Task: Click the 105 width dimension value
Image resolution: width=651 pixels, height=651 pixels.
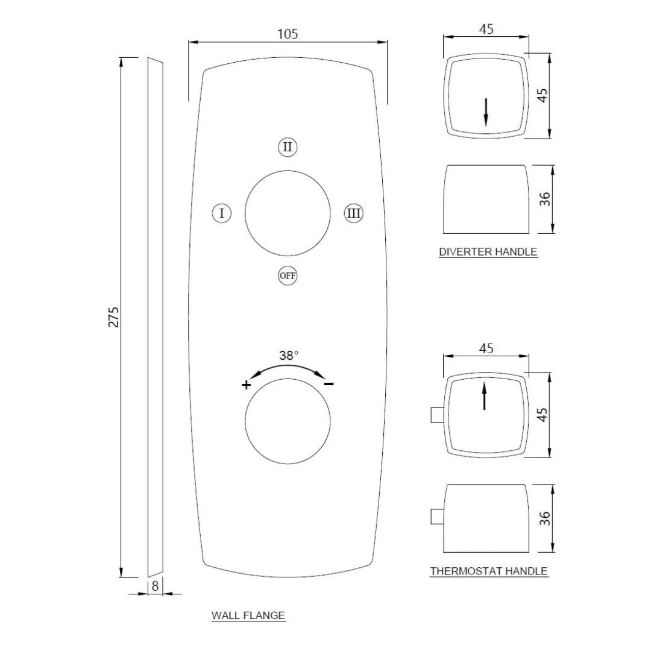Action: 288,34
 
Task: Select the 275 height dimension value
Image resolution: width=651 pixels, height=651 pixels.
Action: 114,317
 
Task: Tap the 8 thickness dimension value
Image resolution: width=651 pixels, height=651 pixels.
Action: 155,585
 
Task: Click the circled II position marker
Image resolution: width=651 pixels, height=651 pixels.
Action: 288,147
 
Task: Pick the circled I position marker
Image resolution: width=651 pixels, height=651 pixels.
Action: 222,213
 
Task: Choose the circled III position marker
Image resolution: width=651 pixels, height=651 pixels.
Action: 354,213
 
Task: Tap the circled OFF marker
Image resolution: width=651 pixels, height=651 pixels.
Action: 288,276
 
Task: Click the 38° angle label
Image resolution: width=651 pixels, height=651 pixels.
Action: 289,356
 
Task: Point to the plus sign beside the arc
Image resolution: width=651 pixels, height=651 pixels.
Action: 246,385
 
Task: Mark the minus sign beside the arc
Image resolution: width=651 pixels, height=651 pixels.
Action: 329,384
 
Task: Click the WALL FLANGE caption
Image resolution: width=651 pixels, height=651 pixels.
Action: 248,615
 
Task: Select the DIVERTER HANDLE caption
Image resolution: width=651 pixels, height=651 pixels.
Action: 488,252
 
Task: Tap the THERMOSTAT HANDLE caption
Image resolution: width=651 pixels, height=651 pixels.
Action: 489,571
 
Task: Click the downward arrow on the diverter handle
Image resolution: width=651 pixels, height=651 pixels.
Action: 486,113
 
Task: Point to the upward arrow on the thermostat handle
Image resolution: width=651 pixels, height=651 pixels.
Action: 485,397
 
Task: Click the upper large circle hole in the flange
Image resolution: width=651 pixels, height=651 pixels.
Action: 288,213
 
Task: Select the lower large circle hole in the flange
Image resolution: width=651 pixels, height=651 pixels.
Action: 288,423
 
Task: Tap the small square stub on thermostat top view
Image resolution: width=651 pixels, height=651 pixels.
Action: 437,415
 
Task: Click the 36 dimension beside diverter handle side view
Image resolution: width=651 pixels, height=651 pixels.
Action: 545,199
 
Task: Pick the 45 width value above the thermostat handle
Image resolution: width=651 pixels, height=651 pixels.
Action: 486,348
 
